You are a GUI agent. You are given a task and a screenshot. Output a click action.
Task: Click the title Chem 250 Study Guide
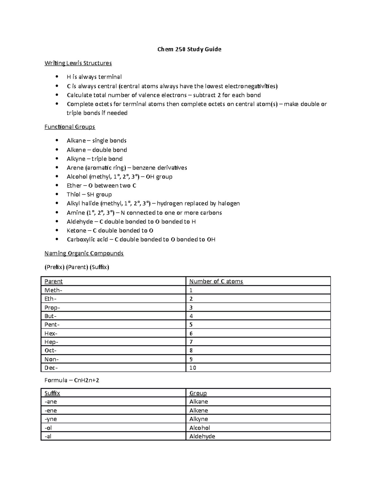pos(189,49)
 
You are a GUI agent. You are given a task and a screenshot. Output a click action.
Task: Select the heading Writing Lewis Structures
pos(78,63)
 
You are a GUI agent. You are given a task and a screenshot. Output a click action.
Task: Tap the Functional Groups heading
pos(69,127)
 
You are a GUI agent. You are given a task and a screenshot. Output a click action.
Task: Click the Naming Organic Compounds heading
pos(84,253)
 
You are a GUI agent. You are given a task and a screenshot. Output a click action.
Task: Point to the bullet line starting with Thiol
pos(89,194)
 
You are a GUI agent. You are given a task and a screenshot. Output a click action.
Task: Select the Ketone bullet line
pos(110,231)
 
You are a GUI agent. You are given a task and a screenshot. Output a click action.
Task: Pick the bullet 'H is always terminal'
pos(94,77)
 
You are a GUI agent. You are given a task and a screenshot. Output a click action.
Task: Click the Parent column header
pos(53,281)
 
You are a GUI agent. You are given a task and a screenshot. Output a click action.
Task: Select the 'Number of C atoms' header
pos(216,281)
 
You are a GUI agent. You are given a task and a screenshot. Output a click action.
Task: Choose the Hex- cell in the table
pos(51,334)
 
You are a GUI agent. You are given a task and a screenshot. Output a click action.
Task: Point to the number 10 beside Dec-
pos(193,368)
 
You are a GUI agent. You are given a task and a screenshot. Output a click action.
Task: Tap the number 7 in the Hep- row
pos(191,342)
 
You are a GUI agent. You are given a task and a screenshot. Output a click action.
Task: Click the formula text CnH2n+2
pos(86,380)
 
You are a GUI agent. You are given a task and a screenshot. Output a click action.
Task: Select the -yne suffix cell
pos(51,419)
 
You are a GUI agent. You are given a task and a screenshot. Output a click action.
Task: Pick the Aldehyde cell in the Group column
pos(202,436)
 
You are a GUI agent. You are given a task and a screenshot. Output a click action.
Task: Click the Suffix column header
pos(52,393)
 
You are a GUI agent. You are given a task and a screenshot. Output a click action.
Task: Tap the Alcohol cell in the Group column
pos(200,428)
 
